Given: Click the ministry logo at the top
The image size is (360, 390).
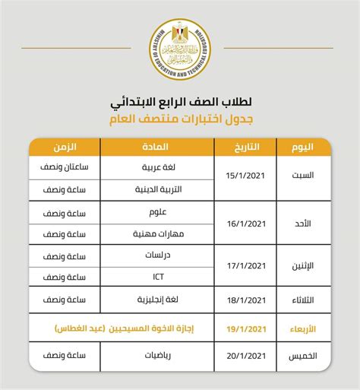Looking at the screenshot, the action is point(180,48).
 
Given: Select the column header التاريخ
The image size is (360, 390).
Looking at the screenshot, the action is point(243,147).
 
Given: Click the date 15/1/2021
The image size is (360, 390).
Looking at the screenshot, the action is point(245,177).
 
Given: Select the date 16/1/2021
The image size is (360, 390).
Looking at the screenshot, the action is point(245,223).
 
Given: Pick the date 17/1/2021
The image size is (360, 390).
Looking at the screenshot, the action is point(245,267).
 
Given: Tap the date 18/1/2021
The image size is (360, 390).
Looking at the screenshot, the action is point(245,302).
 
